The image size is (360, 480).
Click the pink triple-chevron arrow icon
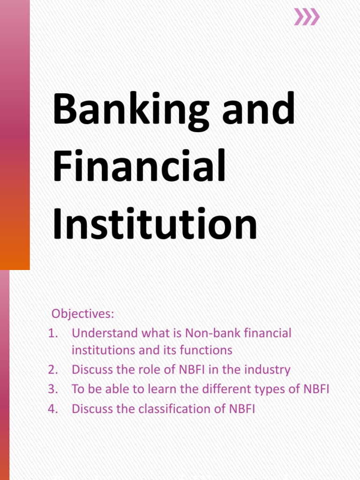(x=307, y=17)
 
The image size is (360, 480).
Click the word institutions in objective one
(x=100, y=350)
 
